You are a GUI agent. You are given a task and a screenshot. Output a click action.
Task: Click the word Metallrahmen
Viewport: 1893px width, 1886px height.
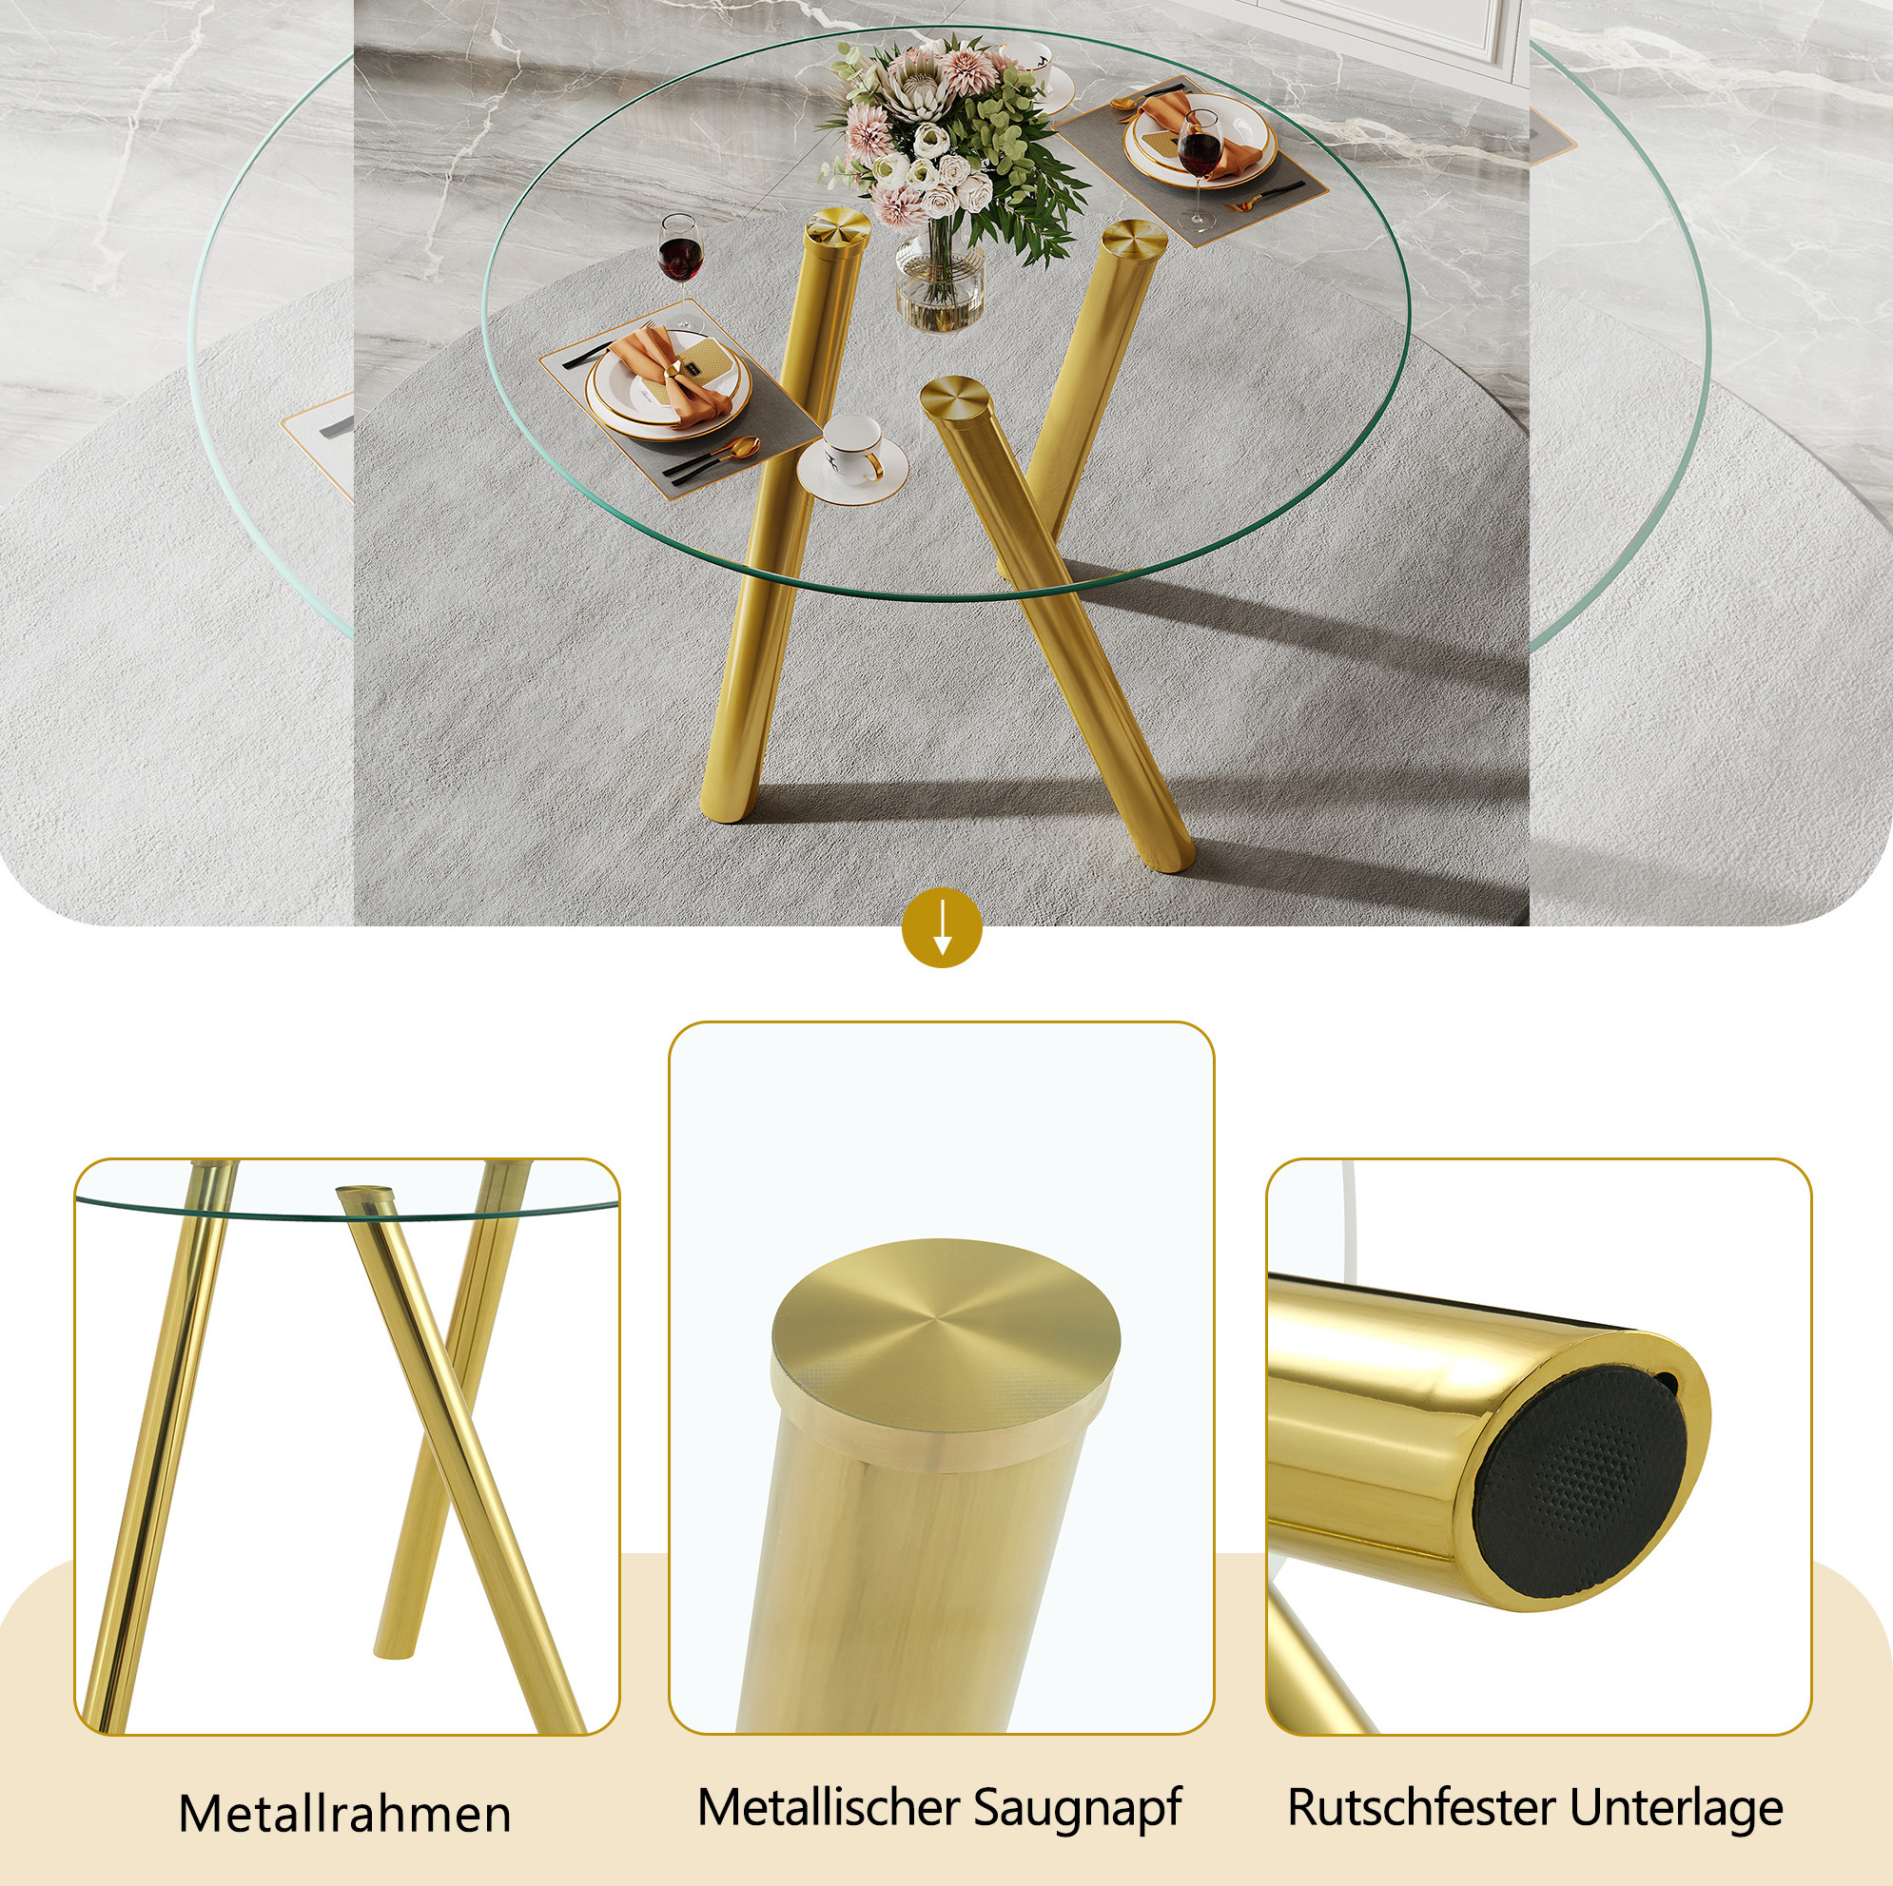coord(345,1815)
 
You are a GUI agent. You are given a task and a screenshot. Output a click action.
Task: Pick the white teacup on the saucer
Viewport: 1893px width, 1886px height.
coord(850,449)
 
